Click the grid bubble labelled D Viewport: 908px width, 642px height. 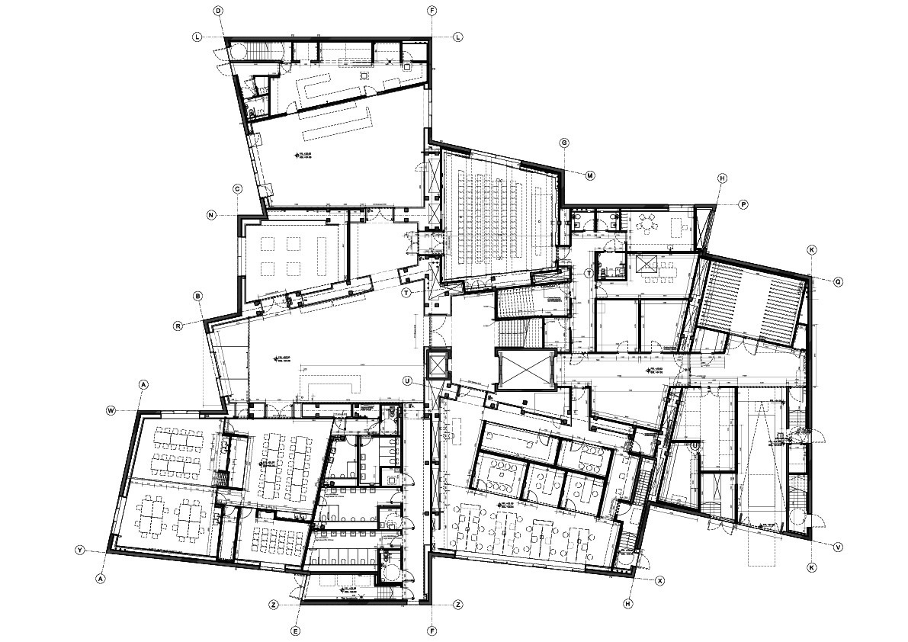(x=218, y=11)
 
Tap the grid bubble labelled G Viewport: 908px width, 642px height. (x=565, y=143)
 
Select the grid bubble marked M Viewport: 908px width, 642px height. (x=589, y=175)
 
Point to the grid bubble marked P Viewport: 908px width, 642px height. (x=743, y=204)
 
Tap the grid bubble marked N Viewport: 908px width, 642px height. (x=211, y=216)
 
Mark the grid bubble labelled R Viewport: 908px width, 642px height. (x=178, y=326)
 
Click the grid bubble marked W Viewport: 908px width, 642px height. (x=111, y=410)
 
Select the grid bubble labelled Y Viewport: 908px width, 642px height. (x=79, y=550)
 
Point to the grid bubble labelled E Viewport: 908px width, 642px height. (x=296, y=631)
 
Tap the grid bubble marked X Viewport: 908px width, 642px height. (x=660, y=580)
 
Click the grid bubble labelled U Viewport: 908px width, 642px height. (x=408, y=380)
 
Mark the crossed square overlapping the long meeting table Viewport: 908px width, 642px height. (x=647, y=263)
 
